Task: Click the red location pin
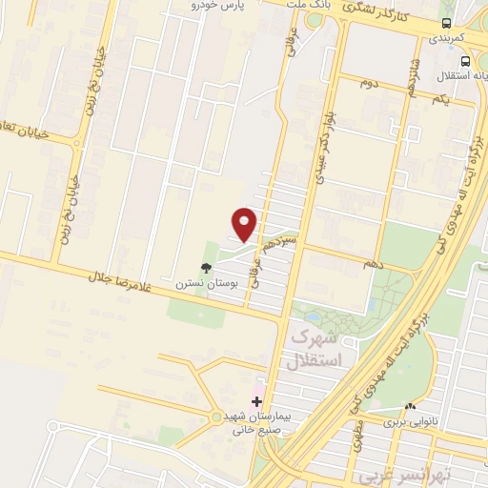(245, 224)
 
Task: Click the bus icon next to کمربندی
(447, 23)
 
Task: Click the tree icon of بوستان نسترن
(205, 269)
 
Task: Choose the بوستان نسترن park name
(197, 284)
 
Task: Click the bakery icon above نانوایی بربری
(410, 405)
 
